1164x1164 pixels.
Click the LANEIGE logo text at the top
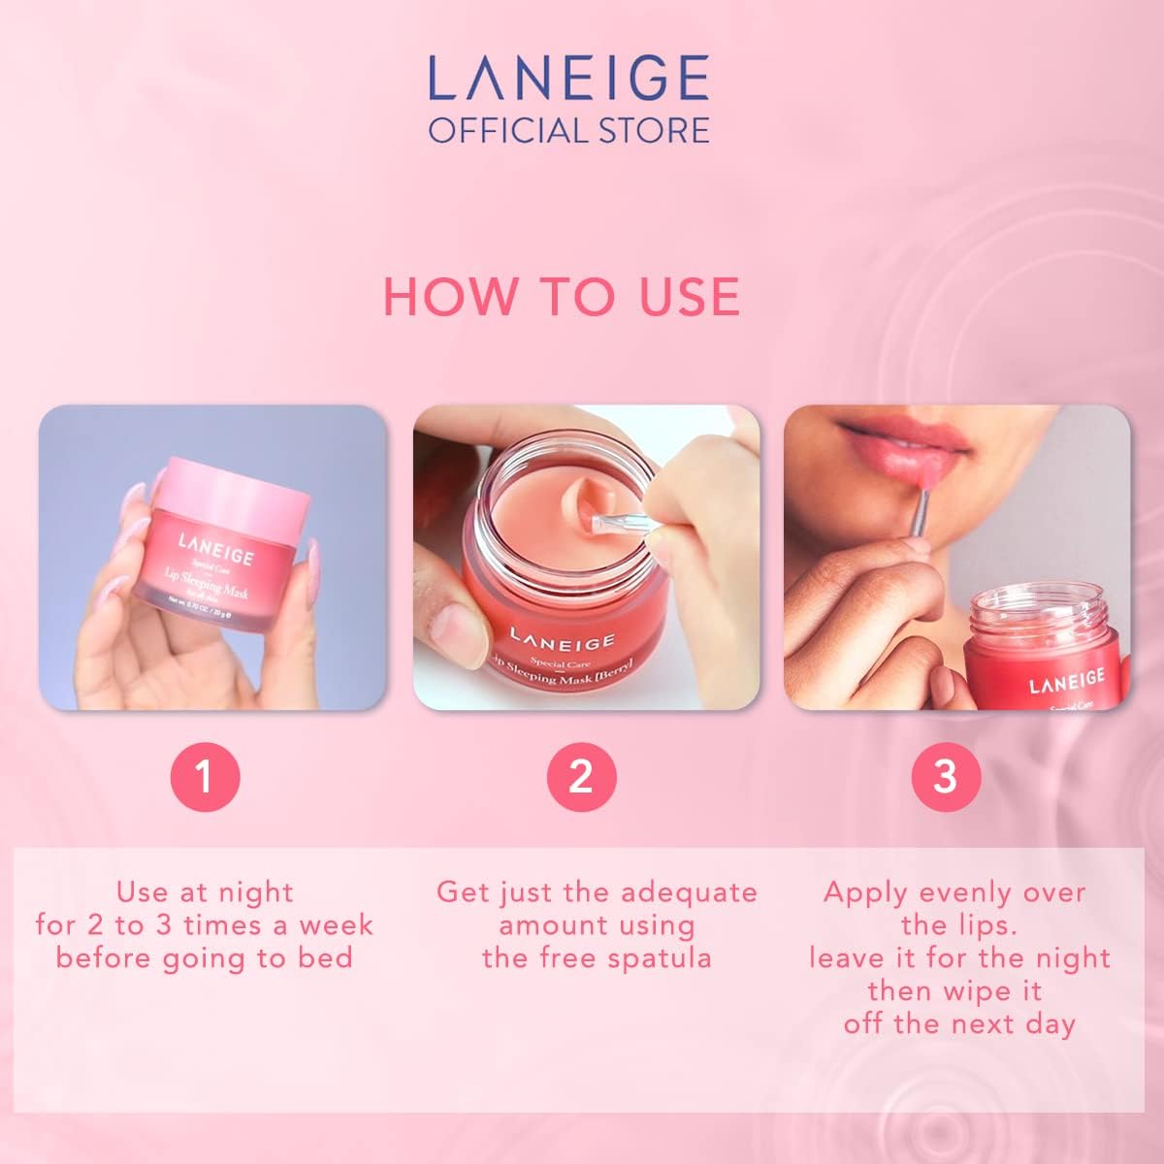[568, 81]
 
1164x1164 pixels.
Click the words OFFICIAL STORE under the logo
[568, 130]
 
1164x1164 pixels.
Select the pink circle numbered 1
[204, 777]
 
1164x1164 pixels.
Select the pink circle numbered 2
[581, 777]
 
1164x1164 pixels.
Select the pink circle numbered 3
[946, 777]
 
